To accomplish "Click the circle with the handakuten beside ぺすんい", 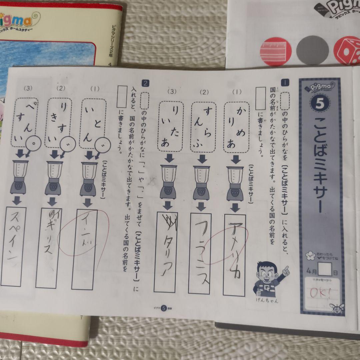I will pos(34,142).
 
